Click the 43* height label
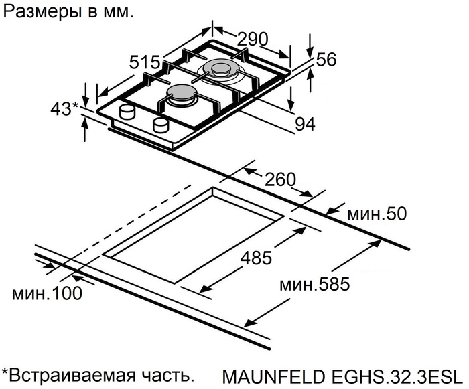click(66, 108)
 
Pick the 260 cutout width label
click(280, 179)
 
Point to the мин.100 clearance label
click(47, 293)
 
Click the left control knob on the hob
click(127, 111)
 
